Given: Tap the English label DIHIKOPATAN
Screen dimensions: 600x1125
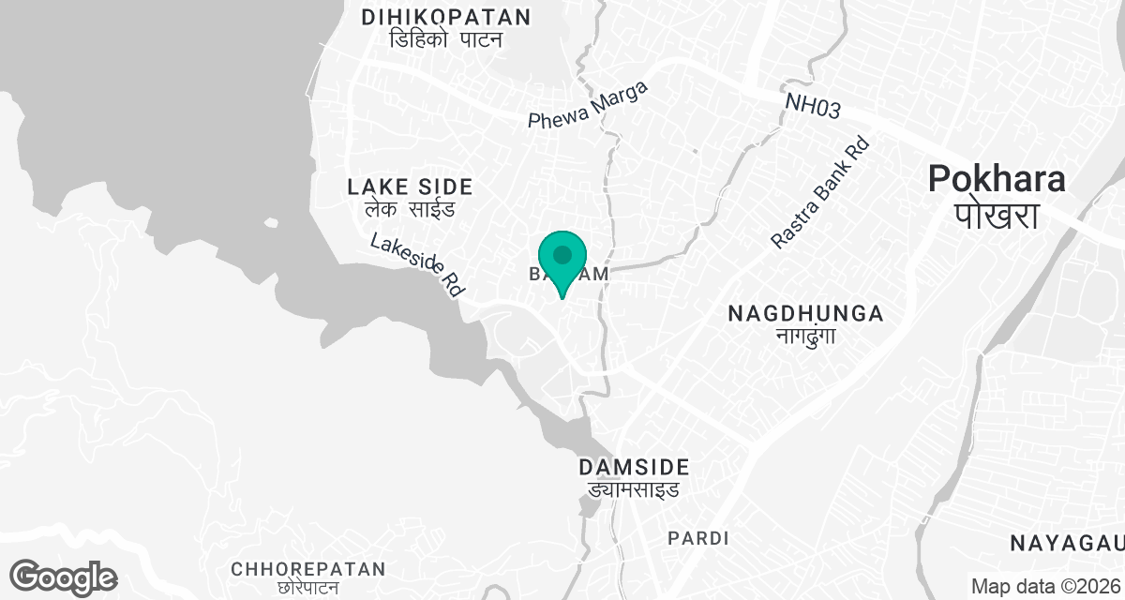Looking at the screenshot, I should pyautogui.click(x=446, y=17).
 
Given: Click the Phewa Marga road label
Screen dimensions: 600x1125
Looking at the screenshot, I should pyautogui.click(x=588, y=106).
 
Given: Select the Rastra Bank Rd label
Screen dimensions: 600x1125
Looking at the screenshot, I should pyautogui.click(x=820, y=194).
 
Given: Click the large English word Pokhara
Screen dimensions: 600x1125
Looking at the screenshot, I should pyautogui.click(x=997, y=179).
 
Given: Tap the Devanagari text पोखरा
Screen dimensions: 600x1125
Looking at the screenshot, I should pyautogui.click(x=997, y=216).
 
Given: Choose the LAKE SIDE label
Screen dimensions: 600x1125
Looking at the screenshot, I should pyautogui.click(x=410, y=186).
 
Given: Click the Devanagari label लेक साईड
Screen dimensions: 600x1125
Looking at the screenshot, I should pyautogui.click(x=410, y=209).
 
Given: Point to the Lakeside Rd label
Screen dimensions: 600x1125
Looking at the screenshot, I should pyautogui.click(x=418, y=265).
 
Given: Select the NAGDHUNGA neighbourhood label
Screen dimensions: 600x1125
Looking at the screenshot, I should pyautogui.click(x=805, y=313).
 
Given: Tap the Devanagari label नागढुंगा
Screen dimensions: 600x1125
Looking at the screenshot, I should pyautogui.click(x=805, y=336).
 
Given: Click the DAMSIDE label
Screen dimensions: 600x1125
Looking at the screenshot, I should pyautogui.click(x=634, y=467).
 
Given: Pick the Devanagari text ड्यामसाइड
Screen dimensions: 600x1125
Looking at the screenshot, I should pyautogui.click(x=634, y=489).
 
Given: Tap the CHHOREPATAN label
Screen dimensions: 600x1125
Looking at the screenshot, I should pyautogui.click(x=308, y=569).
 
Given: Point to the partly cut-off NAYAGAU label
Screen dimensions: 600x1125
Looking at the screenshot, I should pyautogui.click(x=1067, y=542).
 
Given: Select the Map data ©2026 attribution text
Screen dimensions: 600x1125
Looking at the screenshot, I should pyautogui.click(x=1045, y=587).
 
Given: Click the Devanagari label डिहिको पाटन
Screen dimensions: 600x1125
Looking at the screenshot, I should pyautogui.click(x=446, y=39).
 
